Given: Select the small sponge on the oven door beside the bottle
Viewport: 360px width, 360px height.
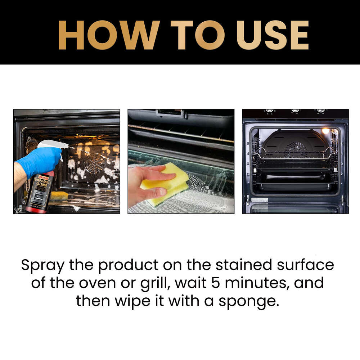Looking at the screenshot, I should [x=59, y=195].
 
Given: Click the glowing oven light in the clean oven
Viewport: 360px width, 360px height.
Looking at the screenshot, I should [x=326, y=131].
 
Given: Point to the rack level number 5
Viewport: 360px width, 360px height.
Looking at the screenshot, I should [x=248, y=143].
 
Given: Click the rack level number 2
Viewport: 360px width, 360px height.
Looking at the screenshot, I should [x=248, y=174].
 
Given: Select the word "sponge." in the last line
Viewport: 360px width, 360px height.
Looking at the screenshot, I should [x=252, y=301].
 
